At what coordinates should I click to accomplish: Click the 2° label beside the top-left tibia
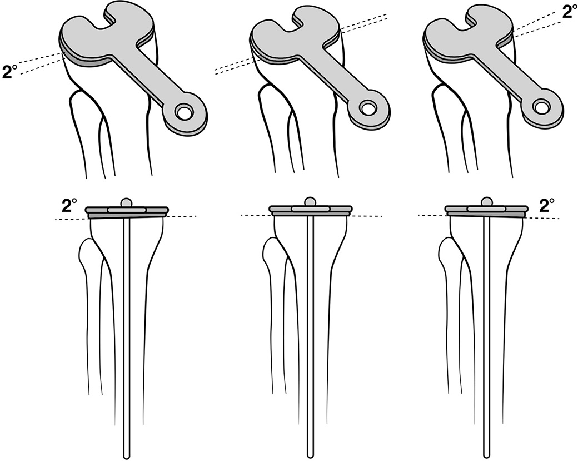(x=10, y=72)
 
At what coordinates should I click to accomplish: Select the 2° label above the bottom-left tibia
(x=69, y=206)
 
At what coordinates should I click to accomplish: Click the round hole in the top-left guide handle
(x=182, y=113)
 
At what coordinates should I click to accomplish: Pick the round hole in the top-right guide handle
(x=540, y=105)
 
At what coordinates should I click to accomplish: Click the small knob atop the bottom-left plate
(x=128, y=202)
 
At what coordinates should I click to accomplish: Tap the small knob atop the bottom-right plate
(x=487, y=202)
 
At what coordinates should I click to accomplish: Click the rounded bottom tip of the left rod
(x=127, y=455)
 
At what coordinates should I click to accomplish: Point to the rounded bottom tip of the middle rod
(x=310, y=455)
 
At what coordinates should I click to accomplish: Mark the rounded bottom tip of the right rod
(x=487, y=455)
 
